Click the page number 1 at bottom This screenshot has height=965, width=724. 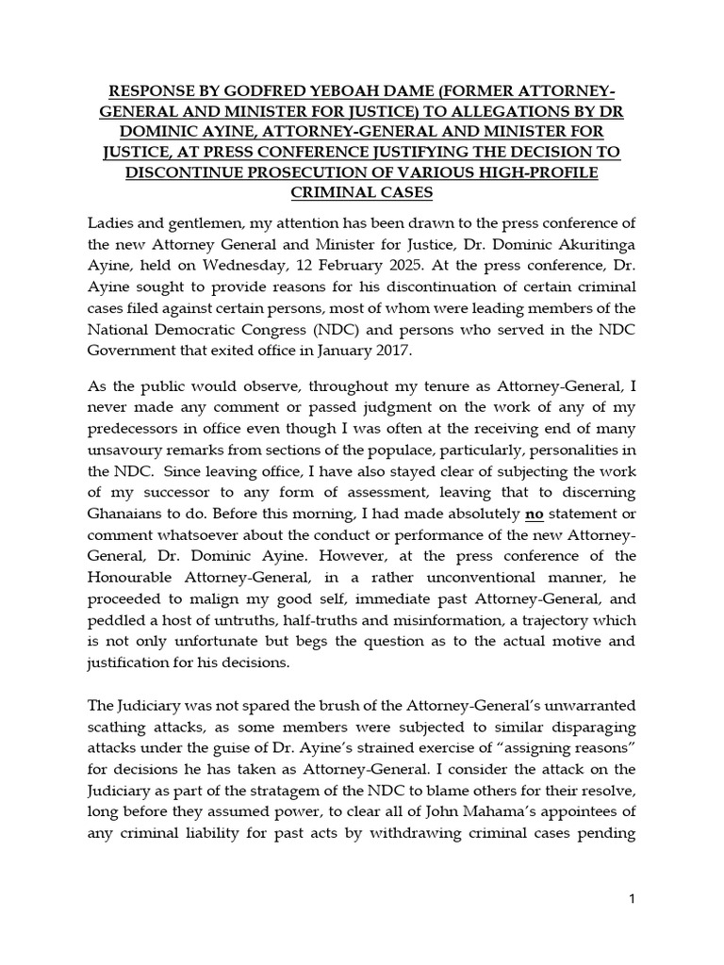pos(633,899)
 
